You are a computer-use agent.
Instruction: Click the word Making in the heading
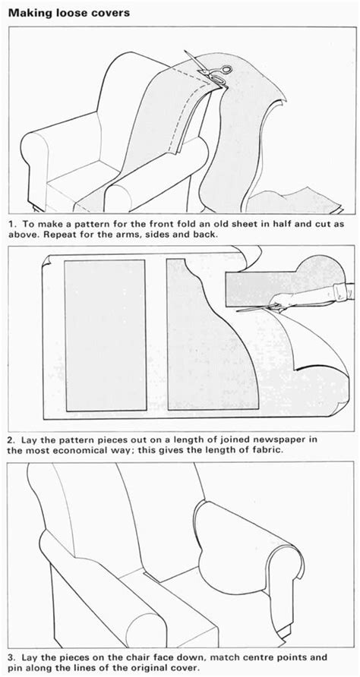[x=30, y=13]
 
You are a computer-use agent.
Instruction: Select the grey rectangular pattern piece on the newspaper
[x=104, y=332]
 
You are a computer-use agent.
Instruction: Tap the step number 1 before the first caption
[x=10, y=225]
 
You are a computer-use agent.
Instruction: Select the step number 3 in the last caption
[x=10, y=655]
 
